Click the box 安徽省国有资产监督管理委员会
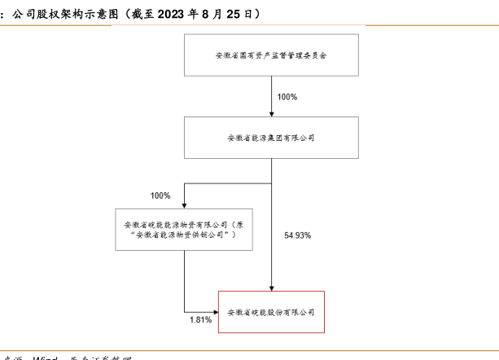271,55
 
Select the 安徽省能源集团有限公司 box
271,137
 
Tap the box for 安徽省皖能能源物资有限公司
184,229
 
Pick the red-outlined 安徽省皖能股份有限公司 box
271,312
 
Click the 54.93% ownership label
298,235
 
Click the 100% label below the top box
287,97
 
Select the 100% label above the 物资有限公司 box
160,195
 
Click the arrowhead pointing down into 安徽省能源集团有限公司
271,112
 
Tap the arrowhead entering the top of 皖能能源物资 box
184,204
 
